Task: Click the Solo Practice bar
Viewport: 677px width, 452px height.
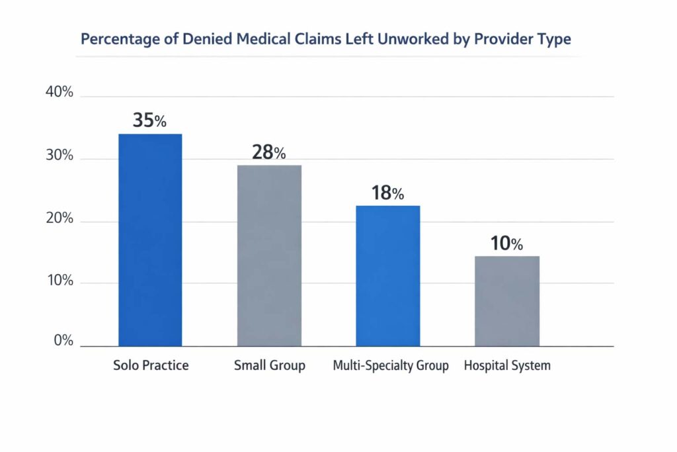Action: tap(150, 240)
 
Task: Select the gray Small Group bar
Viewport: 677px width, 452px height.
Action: tap(269, 255)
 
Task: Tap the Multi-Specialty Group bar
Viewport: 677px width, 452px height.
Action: tap(387, 276)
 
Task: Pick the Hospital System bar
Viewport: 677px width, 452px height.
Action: tap(507, 301)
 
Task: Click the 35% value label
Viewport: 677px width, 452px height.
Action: tap(149, 120)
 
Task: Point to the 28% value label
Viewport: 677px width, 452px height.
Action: tap(268, 152)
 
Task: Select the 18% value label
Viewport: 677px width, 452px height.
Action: tap(387, 193)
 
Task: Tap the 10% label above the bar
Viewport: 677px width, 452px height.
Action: tap(506, 244)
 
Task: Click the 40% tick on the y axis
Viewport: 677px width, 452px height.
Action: tap(59, 93)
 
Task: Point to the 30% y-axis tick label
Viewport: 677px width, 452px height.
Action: tap(59, 156)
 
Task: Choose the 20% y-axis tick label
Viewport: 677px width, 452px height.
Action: tap(59, 219)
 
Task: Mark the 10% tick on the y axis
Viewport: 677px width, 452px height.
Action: tap(59, 281)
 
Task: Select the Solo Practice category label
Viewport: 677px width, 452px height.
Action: tap(150, 365)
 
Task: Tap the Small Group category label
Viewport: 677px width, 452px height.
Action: tap(270, 365)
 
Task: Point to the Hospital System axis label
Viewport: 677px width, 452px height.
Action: tap(507, 365)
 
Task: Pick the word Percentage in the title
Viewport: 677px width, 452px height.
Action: tap(122, 39)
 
